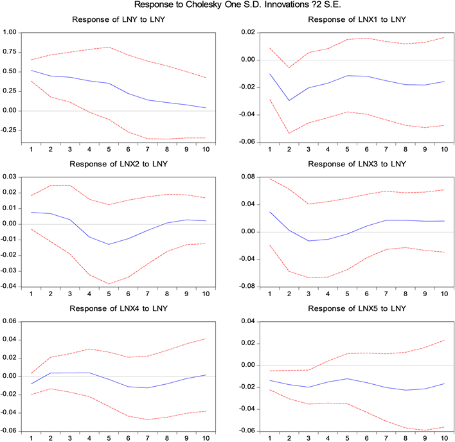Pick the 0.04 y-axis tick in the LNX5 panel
(249, 321)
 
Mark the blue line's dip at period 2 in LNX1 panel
(289, 100)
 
